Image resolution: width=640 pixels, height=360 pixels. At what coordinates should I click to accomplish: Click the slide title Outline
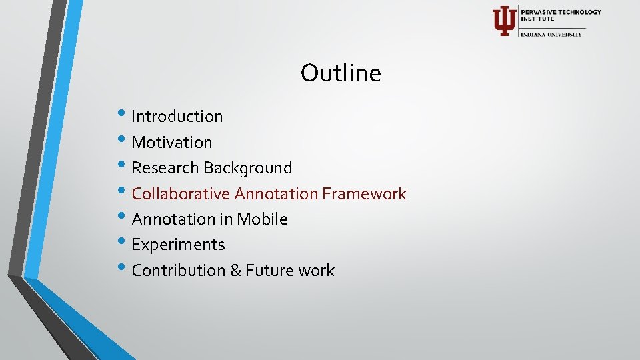click(x=341, y=73)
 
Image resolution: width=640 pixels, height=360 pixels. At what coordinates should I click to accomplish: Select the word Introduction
click(x=177, y=117)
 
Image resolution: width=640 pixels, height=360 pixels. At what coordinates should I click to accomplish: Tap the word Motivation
click(x=171, y=143)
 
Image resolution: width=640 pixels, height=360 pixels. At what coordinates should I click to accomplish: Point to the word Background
click(x=248, y=168)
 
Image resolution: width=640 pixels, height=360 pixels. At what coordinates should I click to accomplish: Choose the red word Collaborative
click(x=181, y=194)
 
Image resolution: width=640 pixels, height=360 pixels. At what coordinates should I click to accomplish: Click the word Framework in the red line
click(x=364, y=194)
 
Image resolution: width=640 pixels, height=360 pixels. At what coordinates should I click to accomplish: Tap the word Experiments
click(x=178, y=245)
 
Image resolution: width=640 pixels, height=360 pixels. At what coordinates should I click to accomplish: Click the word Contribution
click(x=177, y=271)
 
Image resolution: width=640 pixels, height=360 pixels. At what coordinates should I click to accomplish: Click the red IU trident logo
click(x=503, y=21)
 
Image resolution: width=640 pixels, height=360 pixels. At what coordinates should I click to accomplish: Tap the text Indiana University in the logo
click(x=551, y=34)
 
